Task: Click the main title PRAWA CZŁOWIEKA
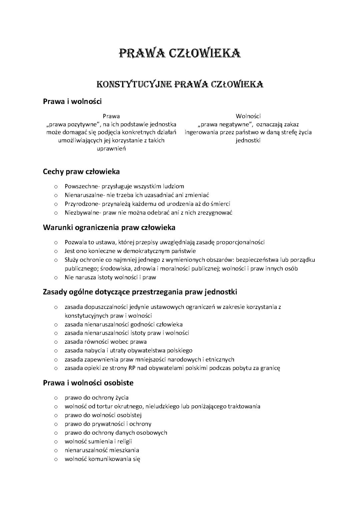(180, 53)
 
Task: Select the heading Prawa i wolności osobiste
(88, 383)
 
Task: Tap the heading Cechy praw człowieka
(81, 172)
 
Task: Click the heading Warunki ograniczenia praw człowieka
(109, 228)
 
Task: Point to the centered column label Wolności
(248, 116)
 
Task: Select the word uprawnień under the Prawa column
(111, 149)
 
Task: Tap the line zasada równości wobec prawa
(105, 342)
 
